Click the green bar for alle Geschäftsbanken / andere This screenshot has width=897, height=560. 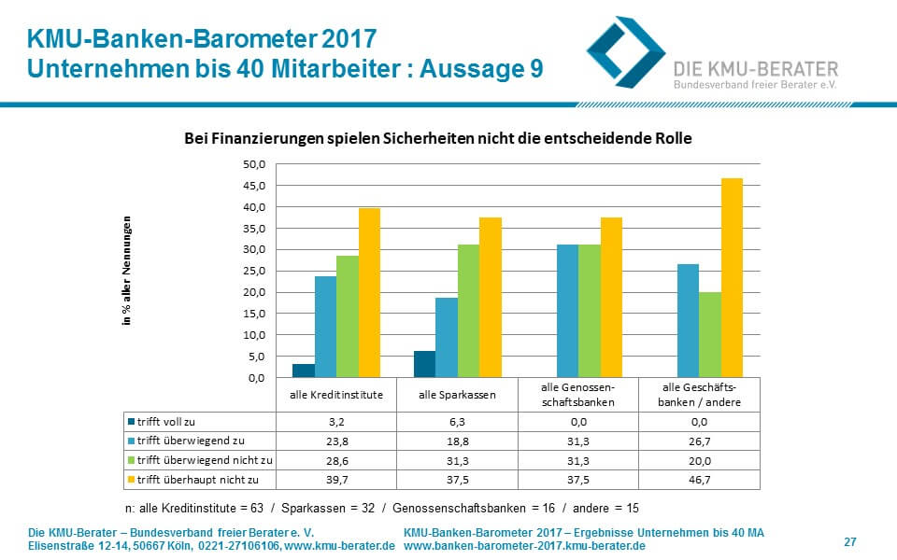(709, 334)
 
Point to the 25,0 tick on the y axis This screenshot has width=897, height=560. (254, 271)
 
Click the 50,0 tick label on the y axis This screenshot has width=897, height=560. (254, 164)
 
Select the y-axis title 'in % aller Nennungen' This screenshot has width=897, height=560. (127, 271)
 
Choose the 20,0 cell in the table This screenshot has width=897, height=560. (700, 459)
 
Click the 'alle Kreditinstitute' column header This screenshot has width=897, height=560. (336, 394)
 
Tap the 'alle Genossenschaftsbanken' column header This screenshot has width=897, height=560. (578, 394)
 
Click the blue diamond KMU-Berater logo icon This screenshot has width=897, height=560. (624, 51)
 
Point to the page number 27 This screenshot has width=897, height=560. (849, 541)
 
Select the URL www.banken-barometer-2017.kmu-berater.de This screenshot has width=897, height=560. (524, 545)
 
